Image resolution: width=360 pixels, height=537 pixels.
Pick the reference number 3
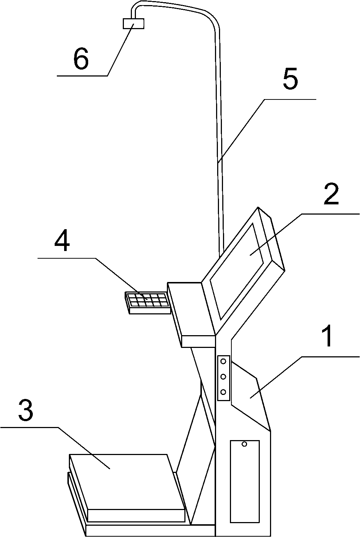tap(26, 410)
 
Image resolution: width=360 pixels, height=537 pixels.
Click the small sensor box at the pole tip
tap(134, 23)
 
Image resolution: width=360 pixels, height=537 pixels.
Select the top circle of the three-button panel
tap(223, 361)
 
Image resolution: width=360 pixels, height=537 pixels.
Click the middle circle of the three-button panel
tap(223, 376)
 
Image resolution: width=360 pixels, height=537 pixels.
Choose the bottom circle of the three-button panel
tap(223, 392)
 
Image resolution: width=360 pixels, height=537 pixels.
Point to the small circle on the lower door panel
tap(244, 444)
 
